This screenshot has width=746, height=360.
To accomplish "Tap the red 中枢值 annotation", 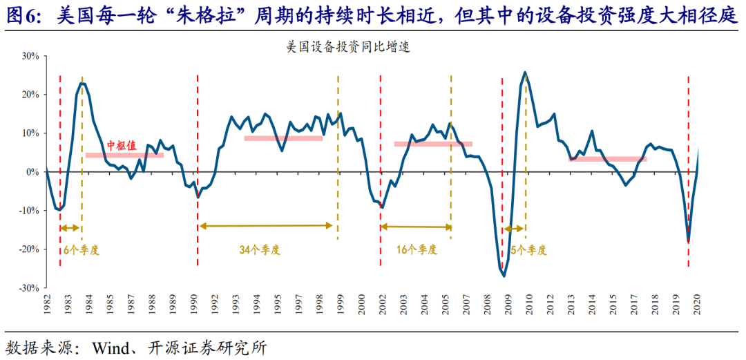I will (x=122, y=146).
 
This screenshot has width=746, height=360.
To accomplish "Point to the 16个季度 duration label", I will (x=417, y=249).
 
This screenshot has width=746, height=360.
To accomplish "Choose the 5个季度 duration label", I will (x=528, y=249).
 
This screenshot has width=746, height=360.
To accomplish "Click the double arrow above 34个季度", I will (x=267, y=226).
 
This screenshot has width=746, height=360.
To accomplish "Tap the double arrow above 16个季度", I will (x=417, y=227).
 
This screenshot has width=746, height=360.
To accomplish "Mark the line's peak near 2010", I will (x=525, y=72).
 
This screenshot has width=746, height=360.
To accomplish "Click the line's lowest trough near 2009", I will (x=504, y=276).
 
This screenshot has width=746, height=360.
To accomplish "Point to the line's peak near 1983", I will (x=82, y=83).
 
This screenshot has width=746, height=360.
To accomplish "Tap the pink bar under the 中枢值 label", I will (x=124, y=155).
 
